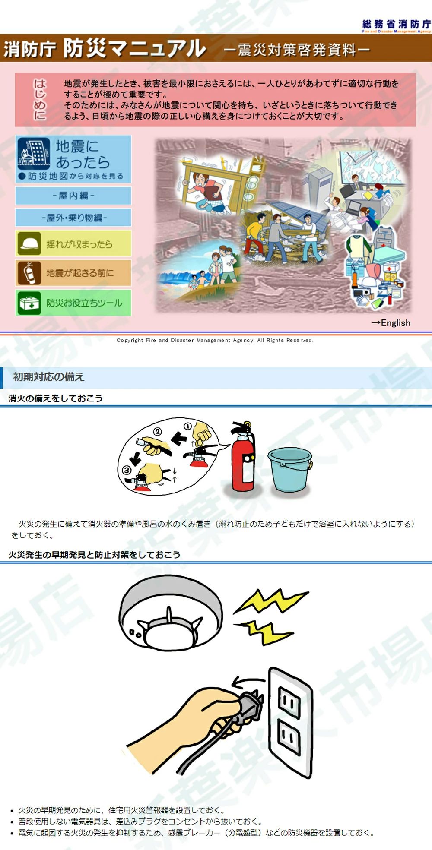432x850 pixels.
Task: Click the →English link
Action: point(391,323)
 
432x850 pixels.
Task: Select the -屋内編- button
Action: point(73,196)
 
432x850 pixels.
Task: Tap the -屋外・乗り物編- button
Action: point(73,218)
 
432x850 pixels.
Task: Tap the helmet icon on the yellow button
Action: point(29,244)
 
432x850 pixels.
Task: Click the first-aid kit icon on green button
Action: point(29,303)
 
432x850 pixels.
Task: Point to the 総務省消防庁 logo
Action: point(396,25)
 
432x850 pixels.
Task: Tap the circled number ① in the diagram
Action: point(187,427)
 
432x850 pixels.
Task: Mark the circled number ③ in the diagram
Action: point(127,470)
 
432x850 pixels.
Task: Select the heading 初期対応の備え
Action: point(49,377)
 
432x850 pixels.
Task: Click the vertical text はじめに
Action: point(40,99)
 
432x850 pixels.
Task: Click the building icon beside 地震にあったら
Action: point(34,153)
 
